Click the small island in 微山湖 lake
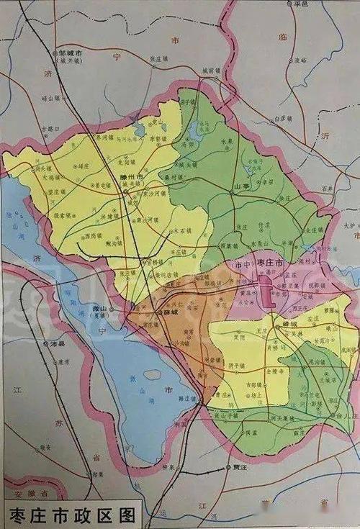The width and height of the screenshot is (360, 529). click(x=152, y=374)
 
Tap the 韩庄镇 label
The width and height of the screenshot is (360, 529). click(x=186, y=397)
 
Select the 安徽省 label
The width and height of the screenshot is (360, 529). click(x=35, y=495)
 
